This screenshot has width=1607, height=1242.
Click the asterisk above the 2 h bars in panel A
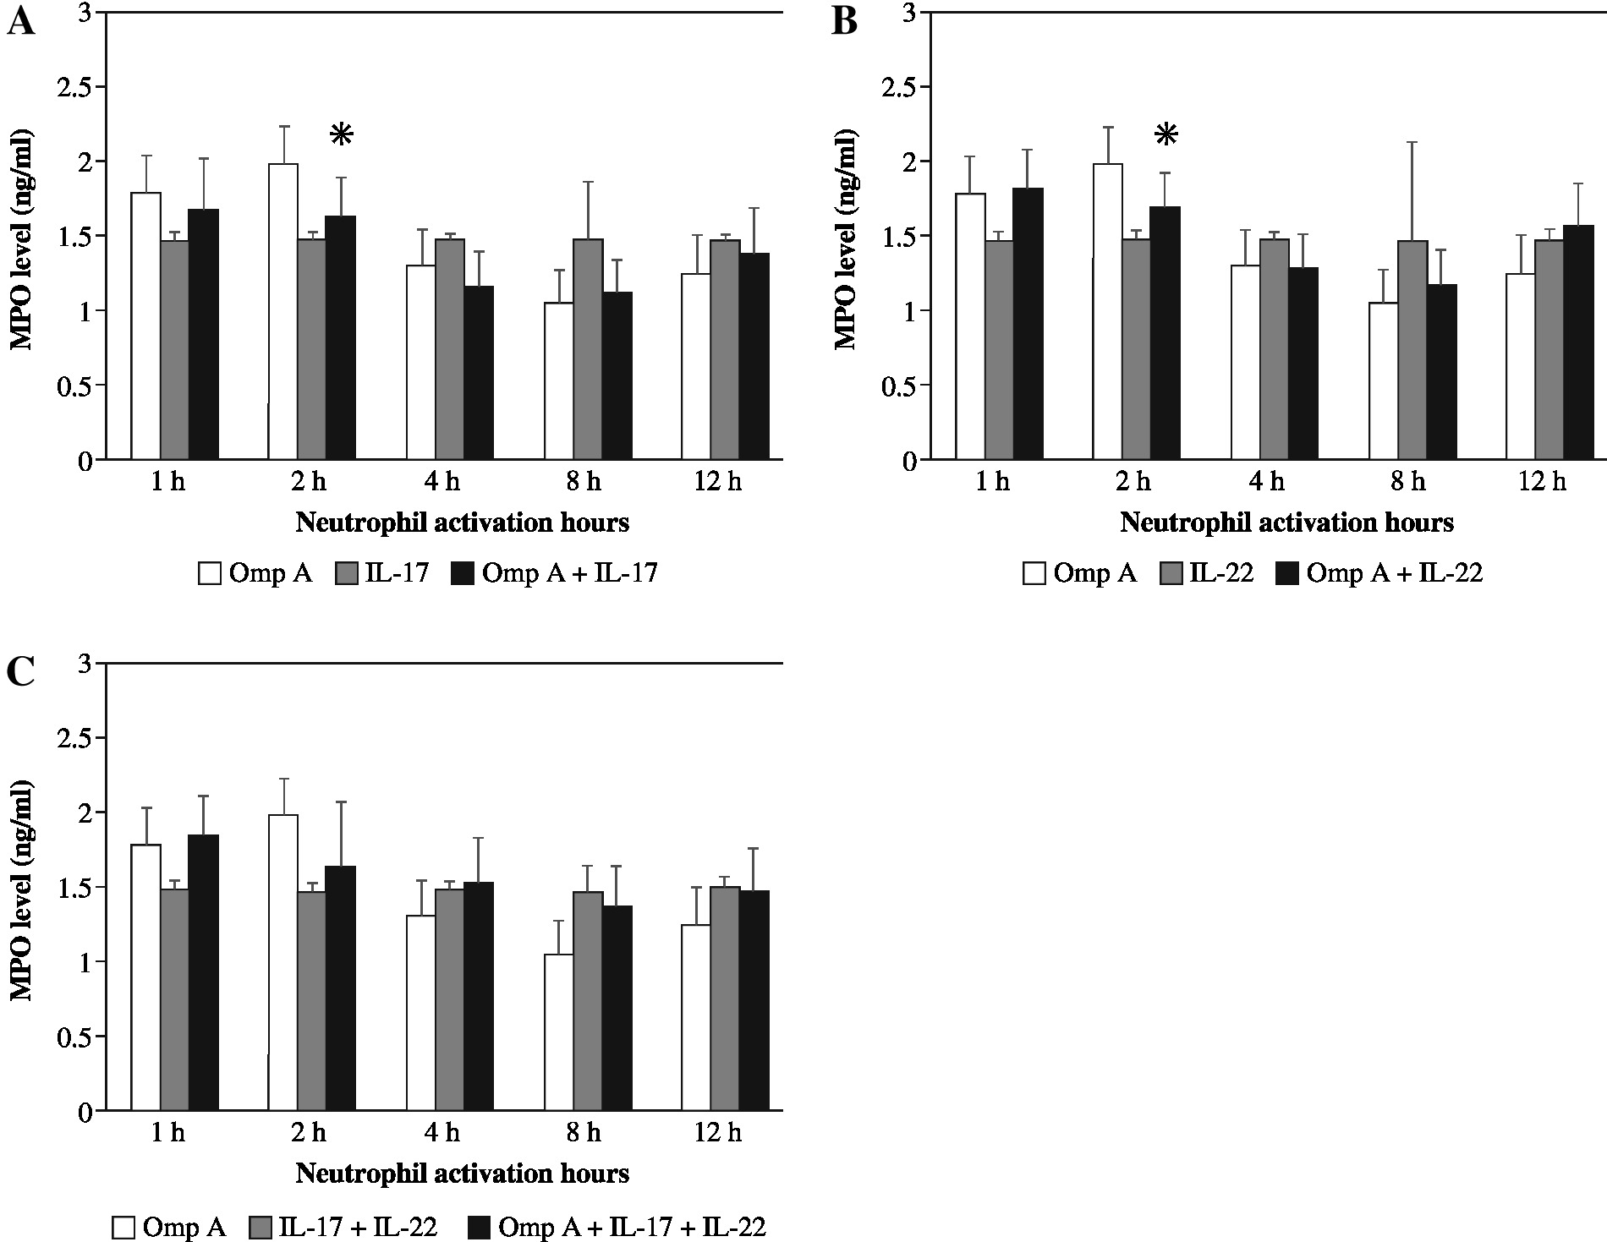(x=341, y=134)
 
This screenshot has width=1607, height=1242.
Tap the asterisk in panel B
(x=1166, y=134)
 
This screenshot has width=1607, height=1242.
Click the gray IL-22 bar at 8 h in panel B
(x=1412, y=350)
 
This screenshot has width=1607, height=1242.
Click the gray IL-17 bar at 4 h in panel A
(x=449, y=349)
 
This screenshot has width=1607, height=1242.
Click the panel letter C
(x=20, y=673)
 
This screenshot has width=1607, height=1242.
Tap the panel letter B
(x=845, y=22)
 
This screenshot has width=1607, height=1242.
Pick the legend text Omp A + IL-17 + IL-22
(x=632, y=1227)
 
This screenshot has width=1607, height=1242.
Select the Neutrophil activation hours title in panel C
(x=462, y=1174)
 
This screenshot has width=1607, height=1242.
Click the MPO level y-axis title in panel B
(x=845, y=240)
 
